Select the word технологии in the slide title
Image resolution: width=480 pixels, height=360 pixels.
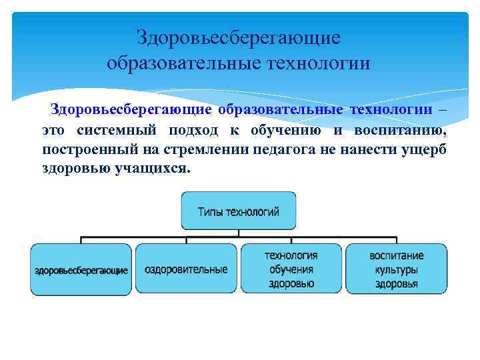coord(318,64)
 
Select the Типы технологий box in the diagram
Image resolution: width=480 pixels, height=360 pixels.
coord(238,211)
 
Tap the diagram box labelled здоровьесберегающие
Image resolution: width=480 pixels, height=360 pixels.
coord(81,270)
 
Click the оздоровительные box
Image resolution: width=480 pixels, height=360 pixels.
coord(186,269)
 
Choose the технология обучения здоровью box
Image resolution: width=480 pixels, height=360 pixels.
coord(291,269)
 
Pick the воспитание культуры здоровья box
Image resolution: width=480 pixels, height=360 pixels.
coord(396,269)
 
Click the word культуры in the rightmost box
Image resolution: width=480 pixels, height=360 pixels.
coord(396,270)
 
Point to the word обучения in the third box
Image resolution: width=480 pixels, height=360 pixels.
coord(291,269)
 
